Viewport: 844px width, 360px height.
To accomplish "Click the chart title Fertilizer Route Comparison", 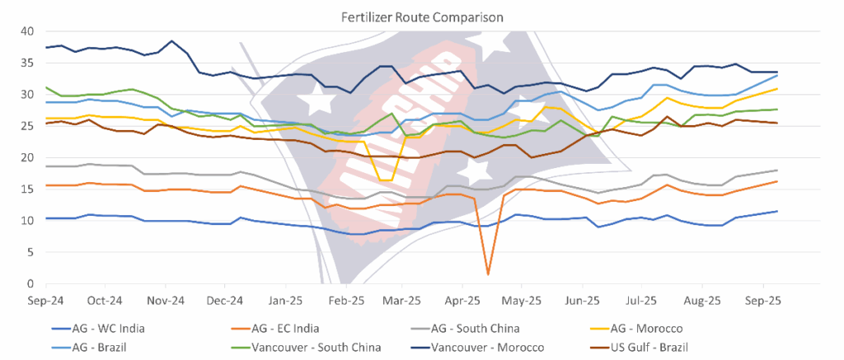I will [x=423, y=15].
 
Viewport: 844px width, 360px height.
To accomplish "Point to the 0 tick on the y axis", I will [x=30, y=283].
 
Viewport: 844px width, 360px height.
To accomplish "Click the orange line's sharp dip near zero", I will [x=488, y=274].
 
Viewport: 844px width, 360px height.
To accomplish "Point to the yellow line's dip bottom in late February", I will [x=384, y=180].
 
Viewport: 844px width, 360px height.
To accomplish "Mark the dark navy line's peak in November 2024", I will [x=171, y=41].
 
